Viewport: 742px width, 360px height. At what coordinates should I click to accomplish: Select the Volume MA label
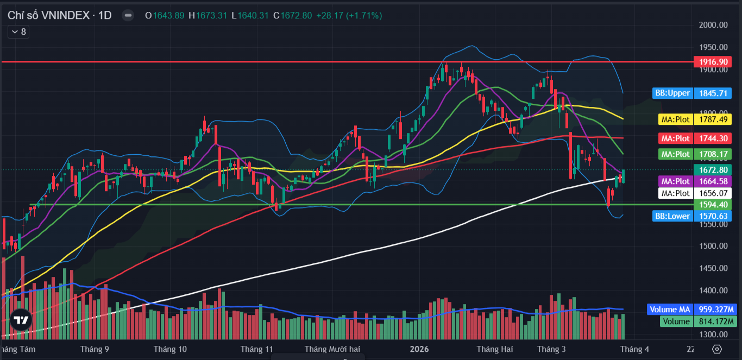(670, 310)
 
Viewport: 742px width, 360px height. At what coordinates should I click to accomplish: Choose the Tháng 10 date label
(170, 349)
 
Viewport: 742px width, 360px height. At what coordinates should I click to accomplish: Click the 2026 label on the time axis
(419, 349)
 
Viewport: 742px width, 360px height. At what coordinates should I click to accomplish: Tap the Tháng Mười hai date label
(332, 349)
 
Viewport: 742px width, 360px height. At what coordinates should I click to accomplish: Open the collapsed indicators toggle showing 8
(18, 32)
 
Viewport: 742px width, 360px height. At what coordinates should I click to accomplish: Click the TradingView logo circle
(21, 320)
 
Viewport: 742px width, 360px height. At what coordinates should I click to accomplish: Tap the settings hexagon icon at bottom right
(717, 349)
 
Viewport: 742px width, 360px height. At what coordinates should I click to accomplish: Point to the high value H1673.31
(207, 15)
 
